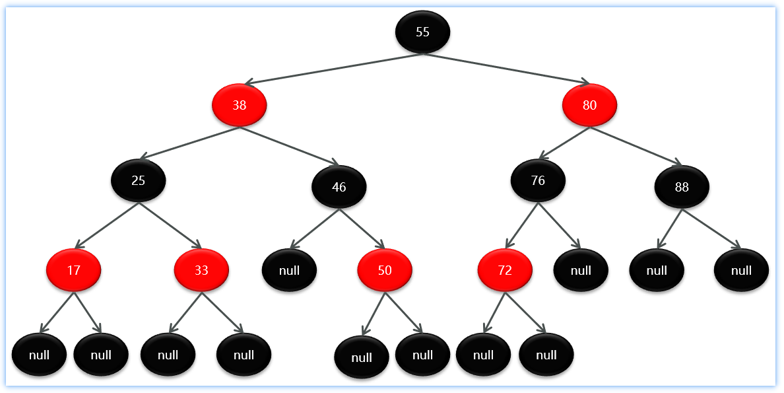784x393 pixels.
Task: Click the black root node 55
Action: pyautogui.click(x=422, y=32)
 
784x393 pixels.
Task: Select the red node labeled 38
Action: pyautogui.click(x=240, y=105)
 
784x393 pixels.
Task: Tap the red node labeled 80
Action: pyautogui.click(x=589, y=105)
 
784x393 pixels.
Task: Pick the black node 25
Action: pyautogui.click(x=139, y=180)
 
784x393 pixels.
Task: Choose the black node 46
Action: pyautogui.click(x=339, y=187)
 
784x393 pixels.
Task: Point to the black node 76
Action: pyautogui.click(x=538, y=180)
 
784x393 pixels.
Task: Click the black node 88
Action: pyautogui.click(x=682, y=187)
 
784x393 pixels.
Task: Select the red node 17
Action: pyautogui.click(x=73, y=270)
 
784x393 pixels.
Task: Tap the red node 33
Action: pyautogui.click(x=201, y=270)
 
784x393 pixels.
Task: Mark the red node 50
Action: pyautogui.click(x=385, y=270)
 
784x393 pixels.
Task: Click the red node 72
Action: pyautogui.click(x=505, y=270)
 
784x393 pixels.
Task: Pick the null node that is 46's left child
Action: pyautogui.click(x=289, y=270)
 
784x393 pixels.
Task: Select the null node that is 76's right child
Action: pyautogui.click(x=581, y=270)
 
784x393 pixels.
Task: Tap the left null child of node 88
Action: pyautogui.click(x=657, y=270)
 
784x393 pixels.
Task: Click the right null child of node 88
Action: pyautogui.click(x=742, y=270)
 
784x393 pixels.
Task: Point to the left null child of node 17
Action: pyautogui.click(x=39, y=355)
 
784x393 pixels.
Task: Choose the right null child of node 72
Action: pyautogui.click(x=546, y=355)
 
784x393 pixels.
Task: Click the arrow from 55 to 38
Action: pyautogui.click(x=333, y=69)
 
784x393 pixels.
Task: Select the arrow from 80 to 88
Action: pyautogui.click(x=636, y=146)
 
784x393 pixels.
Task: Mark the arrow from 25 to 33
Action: pyautogui.click(x=170, y=226)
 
